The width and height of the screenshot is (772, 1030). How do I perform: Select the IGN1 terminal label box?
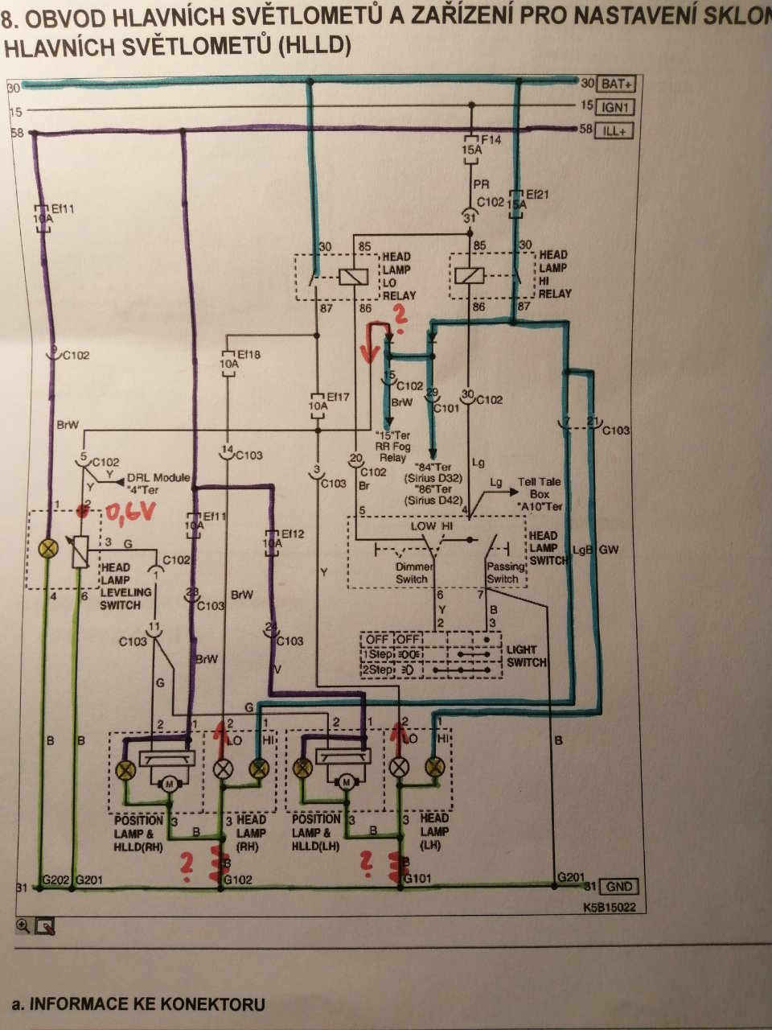(616, 107)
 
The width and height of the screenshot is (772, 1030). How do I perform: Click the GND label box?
(619, 887)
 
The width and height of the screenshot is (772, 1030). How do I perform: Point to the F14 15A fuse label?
(480, 145)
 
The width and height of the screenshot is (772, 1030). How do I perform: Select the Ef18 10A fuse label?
(230, 359)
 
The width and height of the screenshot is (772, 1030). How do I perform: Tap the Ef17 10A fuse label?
(319, 402)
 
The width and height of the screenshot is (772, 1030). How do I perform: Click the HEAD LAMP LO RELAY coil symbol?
(351, 276)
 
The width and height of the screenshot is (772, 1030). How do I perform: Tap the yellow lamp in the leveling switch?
(50, 549)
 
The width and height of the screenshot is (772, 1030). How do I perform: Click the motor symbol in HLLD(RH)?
(170, 783)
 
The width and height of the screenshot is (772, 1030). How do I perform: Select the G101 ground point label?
(417, 880)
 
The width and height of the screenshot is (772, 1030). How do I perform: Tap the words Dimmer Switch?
(413, 573)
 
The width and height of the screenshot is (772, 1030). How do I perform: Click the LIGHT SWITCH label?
(526, 655)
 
